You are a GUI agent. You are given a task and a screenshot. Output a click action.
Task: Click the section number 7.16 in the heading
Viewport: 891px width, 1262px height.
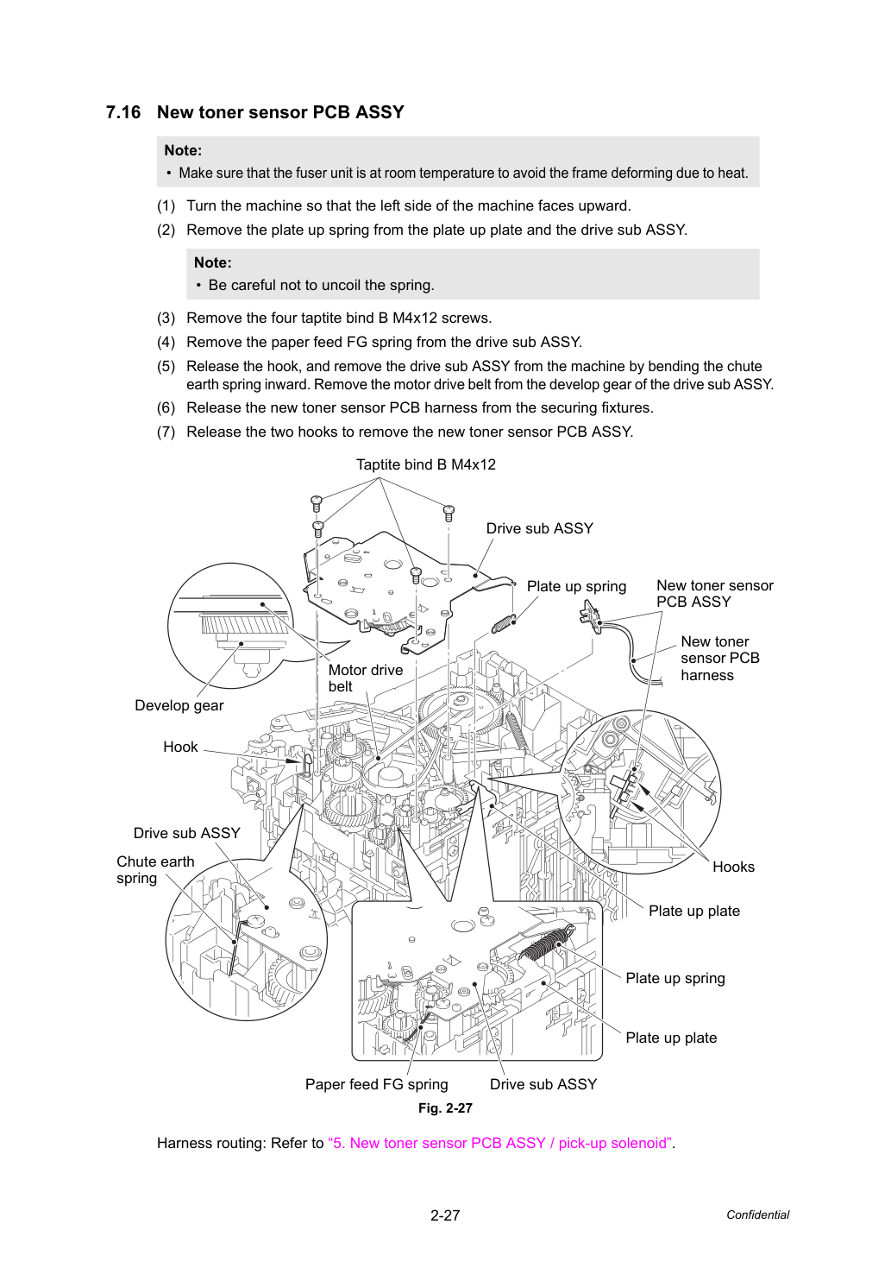[123, 112]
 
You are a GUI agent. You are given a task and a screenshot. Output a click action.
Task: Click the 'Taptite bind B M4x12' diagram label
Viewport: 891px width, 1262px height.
[425, 464]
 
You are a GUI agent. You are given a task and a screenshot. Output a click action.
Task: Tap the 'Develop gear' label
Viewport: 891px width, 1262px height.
[179, 705]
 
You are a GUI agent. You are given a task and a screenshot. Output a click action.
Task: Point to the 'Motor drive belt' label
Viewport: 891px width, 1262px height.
[366, 678]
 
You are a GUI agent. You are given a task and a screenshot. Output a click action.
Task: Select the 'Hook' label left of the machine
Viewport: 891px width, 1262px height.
[180, 747]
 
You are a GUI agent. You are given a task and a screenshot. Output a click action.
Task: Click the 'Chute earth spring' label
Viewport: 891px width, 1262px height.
[155, 869]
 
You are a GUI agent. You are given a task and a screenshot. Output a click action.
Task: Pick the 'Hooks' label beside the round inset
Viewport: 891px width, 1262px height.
[733, 867]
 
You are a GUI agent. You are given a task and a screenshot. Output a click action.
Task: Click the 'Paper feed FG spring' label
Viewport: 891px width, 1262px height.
[377, 1084]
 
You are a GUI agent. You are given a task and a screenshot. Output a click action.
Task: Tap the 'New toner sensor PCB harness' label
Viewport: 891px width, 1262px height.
[720, 658]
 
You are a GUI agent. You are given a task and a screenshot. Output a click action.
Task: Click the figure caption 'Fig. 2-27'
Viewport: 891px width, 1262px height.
[445, 1108]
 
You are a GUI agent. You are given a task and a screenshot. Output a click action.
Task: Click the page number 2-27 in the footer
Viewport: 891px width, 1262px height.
[445, 1215]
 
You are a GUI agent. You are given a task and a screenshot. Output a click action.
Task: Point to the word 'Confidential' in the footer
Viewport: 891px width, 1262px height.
[757, 1215]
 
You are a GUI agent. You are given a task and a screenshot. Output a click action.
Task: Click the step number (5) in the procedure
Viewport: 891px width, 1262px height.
[166, 366]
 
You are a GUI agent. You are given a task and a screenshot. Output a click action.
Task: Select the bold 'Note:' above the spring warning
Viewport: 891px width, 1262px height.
[212, 262]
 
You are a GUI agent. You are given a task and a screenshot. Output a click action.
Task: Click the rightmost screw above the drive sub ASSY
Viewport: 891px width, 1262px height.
[449, 514]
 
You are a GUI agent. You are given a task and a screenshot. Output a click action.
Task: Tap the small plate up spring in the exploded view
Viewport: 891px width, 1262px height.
[503, 624]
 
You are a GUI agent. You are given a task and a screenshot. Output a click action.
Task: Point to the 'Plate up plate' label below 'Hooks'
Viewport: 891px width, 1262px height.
[694, 911]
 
